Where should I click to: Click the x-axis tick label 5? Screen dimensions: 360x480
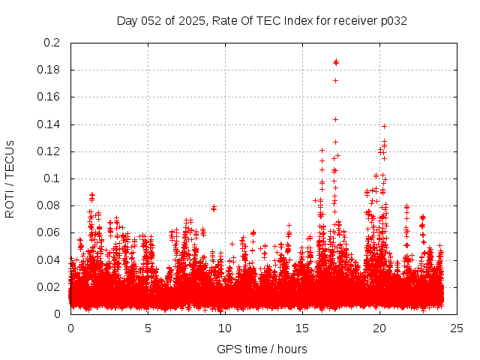148,328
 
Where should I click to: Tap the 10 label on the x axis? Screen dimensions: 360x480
225,328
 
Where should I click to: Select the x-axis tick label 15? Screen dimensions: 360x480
302,328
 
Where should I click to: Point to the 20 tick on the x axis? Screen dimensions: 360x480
379,328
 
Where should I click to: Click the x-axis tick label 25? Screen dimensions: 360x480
457,328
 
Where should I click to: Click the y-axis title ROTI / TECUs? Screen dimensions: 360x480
10,178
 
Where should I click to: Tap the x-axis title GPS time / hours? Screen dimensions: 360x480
262,349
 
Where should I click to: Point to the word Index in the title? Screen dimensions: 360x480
299,20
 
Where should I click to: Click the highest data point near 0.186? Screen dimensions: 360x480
336,61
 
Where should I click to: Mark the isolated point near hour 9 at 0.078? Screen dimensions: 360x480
214,208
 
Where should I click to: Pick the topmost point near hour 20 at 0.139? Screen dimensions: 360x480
384,126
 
